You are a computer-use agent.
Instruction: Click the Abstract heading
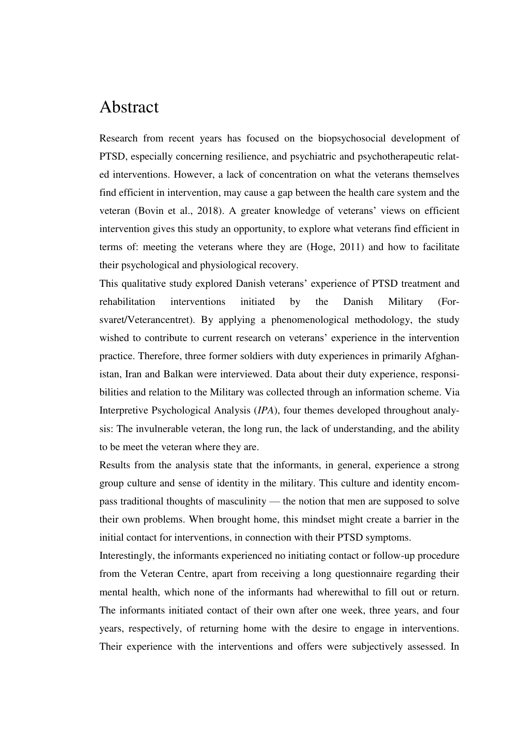(x=129, y=107)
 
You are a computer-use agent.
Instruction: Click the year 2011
(x=349, y=247)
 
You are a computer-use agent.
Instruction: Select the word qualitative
(x=140, y=283)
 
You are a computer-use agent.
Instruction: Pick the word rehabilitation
(x=127, y=301)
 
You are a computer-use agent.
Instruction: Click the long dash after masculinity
(x=274, y=501)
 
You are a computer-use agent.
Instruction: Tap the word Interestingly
(x=127, y=555)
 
